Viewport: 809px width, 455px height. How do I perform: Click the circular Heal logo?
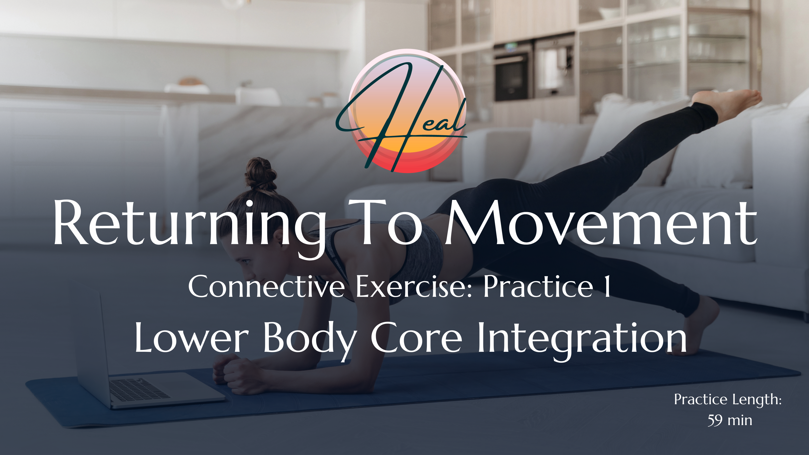[407, 111]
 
